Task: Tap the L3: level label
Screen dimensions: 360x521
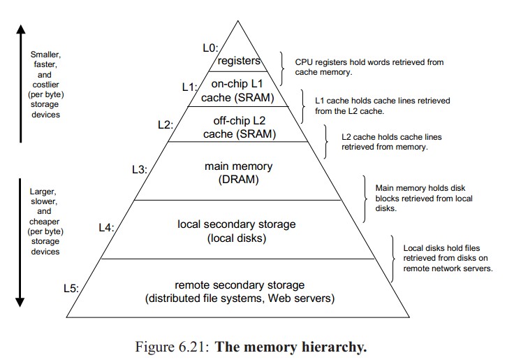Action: point(138,169)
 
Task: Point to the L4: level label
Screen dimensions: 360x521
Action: point(106,228)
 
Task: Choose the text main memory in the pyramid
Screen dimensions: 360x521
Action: point(238,167)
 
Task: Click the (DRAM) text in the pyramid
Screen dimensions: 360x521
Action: point(238,180)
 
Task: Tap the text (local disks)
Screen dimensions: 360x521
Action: point(238,238)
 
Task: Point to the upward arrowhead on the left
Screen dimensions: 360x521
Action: point(20,31)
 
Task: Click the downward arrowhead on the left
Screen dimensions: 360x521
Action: point(20,301)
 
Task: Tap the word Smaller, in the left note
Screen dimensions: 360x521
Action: point(45,54)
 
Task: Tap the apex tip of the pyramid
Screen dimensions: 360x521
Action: point(239,20)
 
